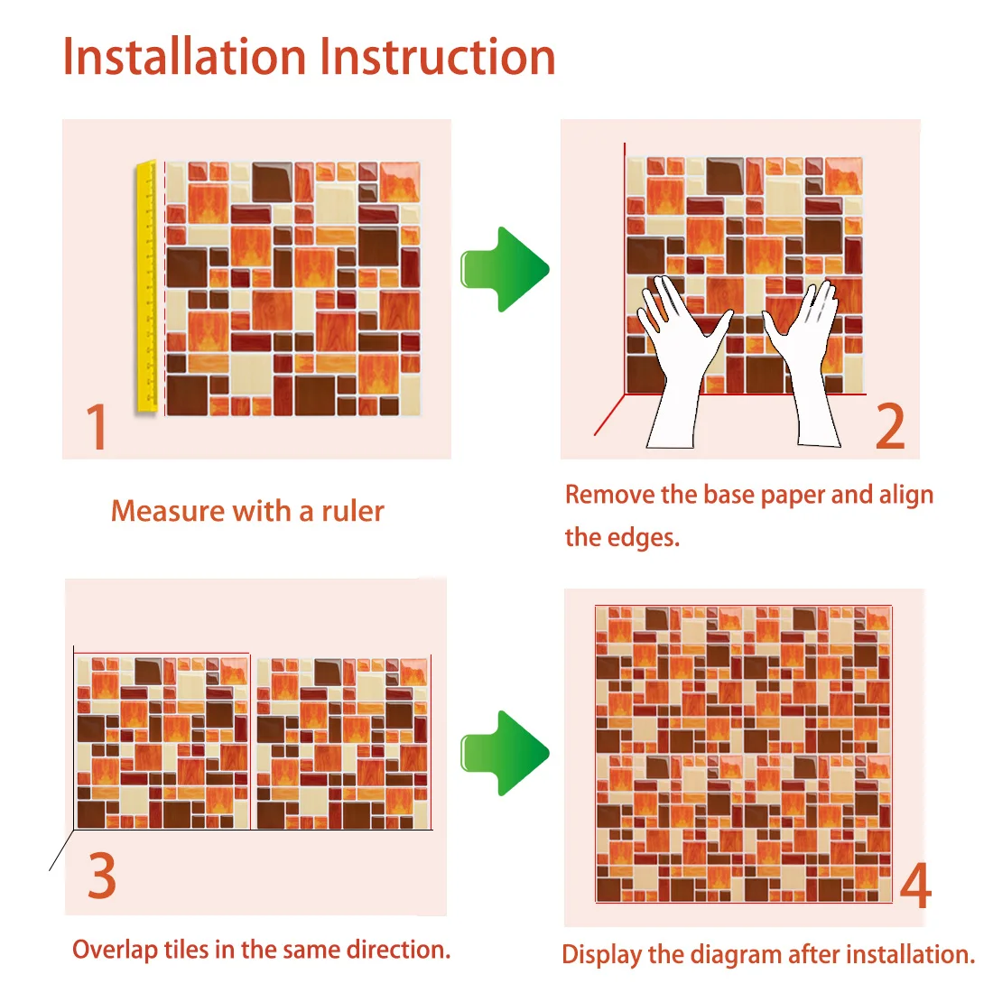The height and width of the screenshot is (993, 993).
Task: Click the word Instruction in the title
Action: click(x=438, y=57)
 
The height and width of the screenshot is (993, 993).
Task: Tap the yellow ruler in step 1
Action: click(x=147, y=288)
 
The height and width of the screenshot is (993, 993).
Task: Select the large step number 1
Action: click(x=97, y=426)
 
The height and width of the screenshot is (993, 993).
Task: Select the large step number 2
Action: click(x=890, y=426)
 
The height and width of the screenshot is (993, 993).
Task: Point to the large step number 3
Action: click(x=102, y=876)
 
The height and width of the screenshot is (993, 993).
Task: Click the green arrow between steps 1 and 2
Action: click(x=505, y=269)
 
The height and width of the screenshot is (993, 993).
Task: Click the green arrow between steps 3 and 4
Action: click(x=505, y=753)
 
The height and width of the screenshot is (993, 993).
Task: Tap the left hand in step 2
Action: click(x=678, y=355)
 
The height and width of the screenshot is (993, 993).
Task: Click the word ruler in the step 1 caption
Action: click(x=353, y=512)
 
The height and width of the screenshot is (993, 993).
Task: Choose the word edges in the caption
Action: click(x=644, y=538)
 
